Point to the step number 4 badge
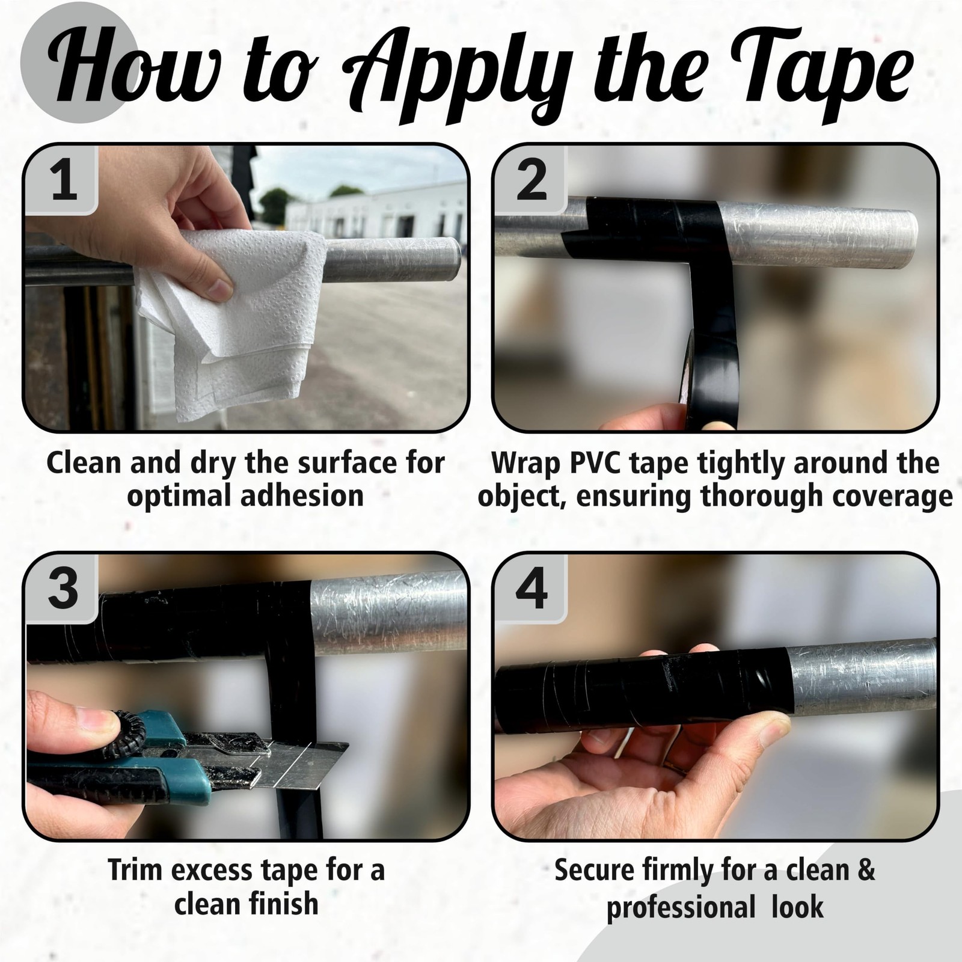[531, 588]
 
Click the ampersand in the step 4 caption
[865, 871]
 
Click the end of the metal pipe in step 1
[457, 252]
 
